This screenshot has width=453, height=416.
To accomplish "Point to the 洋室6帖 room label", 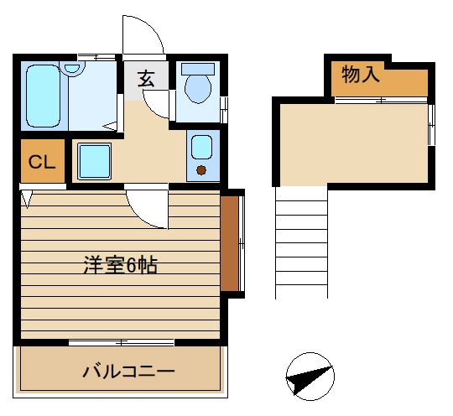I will coord(119,266).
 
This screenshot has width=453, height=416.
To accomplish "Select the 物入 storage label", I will coord(362,75).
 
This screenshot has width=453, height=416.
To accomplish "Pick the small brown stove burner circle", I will coord(201,170).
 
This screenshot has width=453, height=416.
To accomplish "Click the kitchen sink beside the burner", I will coord(201,147).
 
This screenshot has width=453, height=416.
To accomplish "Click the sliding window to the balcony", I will coord(121,342).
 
